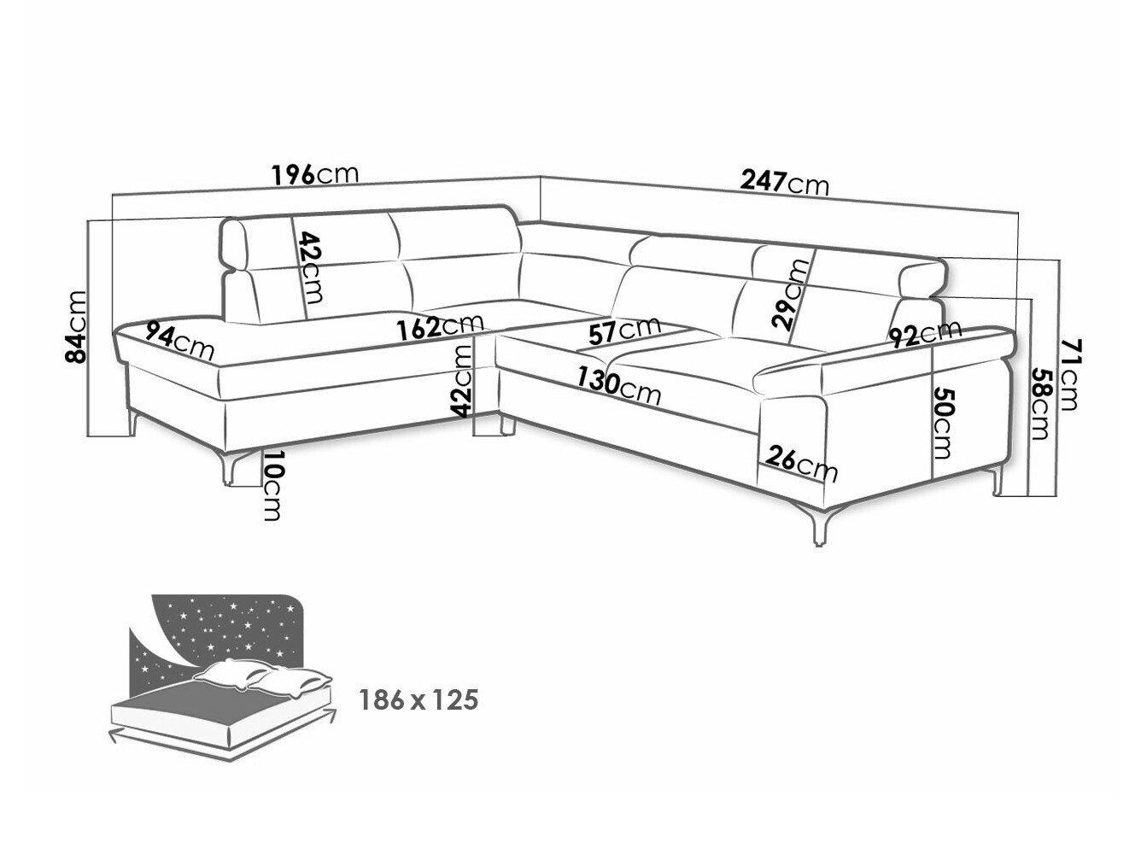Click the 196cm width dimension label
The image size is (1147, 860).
pos(315,174)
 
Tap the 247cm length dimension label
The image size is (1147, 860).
pos(784,183)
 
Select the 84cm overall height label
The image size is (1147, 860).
pos(73,326)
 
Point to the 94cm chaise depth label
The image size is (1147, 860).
pos(179,340)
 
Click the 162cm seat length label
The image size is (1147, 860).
pos(440,326)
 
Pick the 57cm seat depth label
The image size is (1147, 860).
pos(624,331)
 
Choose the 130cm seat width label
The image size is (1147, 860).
pos(618,387)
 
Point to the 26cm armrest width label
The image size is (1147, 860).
pos(801,465)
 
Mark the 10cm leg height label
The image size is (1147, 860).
pos(272,485)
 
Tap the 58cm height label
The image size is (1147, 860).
pos(1040,404)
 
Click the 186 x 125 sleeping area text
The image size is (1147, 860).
pos(418,700)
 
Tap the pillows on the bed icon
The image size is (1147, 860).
pos(263,678)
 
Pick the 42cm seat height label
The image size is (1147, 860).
pos(462,381)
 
